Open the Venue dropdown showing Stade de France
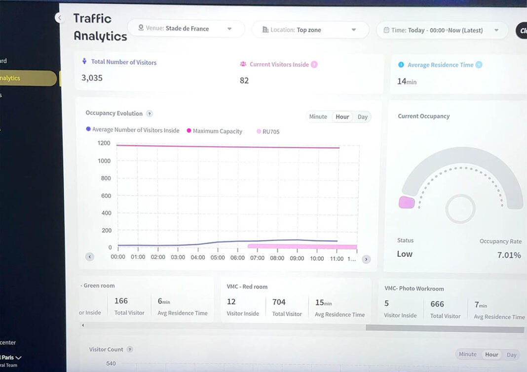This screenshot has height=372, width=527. (186, 29)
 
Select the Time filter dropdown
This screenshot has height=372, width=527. (442, 30)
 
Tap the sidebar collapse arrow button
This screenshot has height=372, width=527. (60, 18)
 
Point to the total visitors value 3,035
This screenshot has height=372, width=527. (92, 78)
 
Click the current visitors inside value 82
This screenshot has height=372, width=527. (244, 81)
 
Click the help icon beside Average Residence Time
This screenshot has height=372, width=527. (479, 65)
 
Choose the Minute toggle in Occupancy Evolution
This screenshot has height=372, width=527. (318, 117)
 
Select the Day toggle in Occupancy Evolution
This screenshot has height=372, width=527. (363, 117)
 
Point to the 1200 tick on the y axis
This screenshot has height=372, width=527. (104, 143)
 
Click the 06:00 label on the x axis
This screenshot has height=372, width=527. (237, 258)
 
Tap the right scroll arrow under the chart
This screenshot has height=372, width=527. (366, 259)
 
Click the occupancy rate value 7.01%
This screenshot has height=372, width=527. (509, 255)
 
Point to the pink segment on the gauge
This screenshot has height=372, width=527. (407, 202)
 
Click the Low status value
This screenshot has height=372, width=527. (405, 254)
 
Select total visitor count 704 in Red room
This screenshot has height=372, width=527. (279, 302)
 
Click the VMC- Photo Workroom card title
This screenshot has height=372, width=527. (414, 289)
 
